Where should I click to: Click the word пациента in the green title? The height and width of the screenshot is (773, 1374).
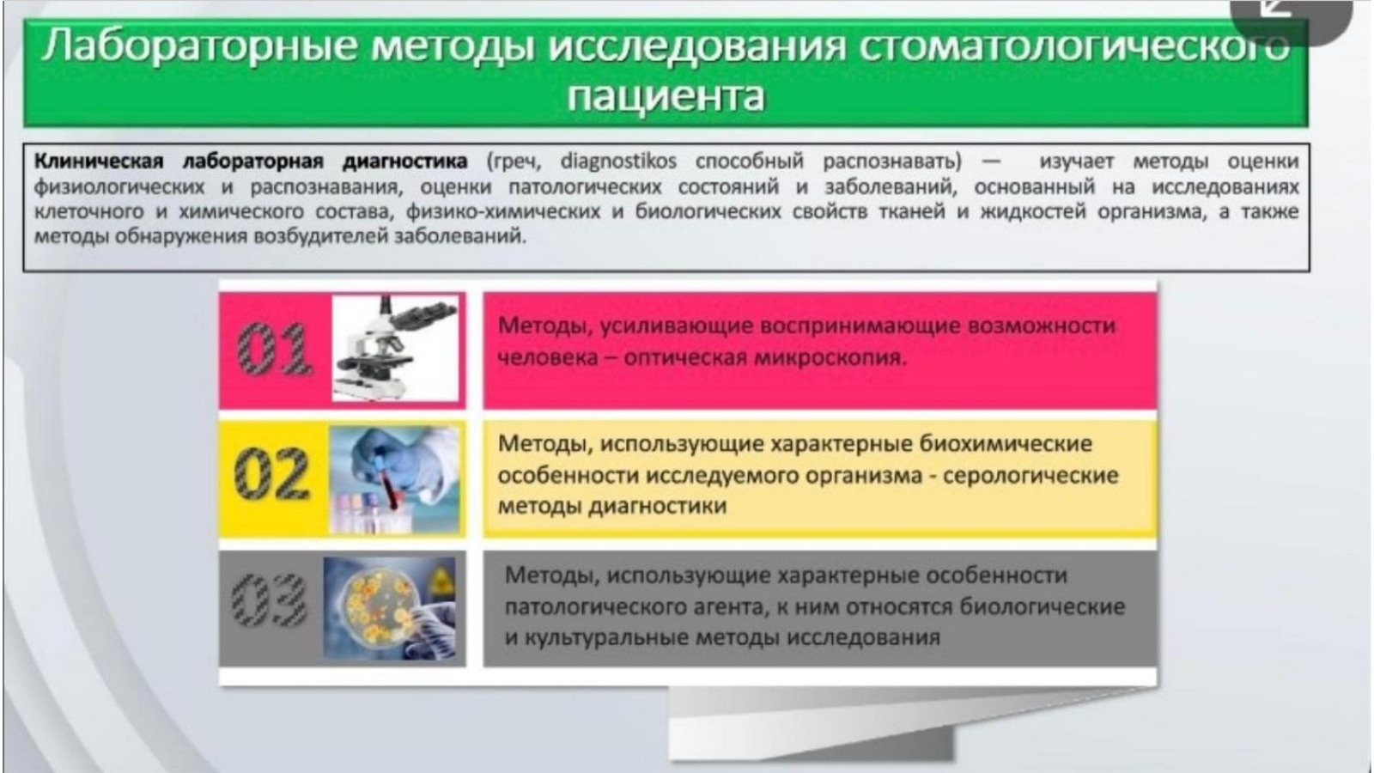pos(666,95)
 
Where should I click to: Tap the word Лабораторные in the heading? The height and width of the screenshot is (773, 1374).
pos(198,46)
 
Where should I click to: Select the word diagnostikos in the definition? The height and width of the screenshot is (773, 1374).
pos(618,161)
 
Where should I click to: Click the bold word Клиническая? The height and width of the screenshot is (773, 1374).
pos(99,161)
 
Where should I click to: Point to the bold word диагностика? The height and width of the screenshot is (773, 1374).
pos(404,161)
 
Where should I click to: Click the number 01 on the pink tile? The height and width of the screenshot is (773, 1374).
pos(274,349)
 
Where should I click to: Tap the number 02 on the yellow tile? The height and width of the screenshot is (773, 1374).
pos(271,473)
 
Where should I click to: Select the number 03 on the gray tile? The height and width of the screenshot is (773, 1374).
pos(270,600)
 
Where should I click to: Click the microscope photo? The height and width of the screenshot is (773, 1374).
pos(395,349)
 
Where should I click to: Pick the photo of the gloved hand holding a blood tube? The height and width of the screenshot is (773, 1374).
pos(394,479)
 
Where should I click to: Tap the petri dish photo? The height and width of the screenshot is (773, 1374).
pos(390,608)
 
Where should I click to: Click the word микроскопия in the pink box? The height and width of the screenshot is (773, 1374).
pos(830,357)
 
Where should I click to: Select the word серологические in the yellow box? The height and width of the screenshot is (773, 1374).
pos(1030,476)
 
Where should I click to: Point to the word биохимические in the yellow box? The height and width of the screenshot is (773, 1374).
pos(1005,443)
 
